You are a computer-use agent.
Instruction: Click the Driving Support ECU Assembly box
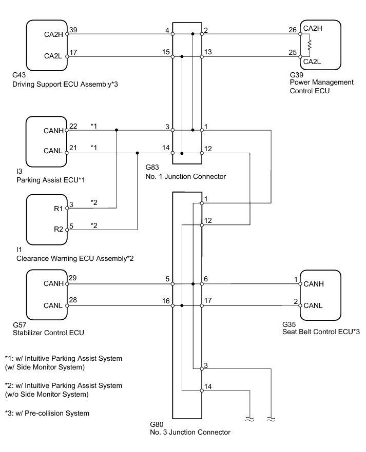pyautogui.click(x=46, y=45)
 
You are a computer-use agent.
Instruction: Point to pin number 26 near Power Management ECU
pyautogui.click(x=292, y=30)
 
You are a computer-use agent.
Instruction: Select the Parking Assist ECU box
pyautogui.click(x=46, y=141)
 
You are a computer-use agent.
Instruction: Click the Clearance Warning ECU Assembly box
pyautogui.click(x=46, y=219)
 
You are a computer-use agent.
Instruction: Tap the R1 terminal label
pyautogui.click(x=57, y=209)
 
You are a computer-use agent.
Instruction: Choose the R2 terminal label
pyautogui.click(x=57, y=229)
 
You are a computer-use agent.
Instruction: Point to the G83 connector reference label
pyautogui.click(x=153, y=168)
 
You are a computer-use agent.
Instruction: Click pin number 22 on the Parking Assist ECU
pyautogui.click(x=73, y=126)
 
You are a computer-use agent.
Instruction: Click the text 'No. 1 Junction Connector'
pyautogui.click(x=185, y=176)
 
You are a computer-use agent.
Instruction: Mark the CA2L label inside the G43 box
pyautogui.click(x=53, y=56)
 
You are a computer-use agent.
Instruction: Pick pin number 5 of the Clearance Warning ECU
pyautogui.click(x=71, y=224)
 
